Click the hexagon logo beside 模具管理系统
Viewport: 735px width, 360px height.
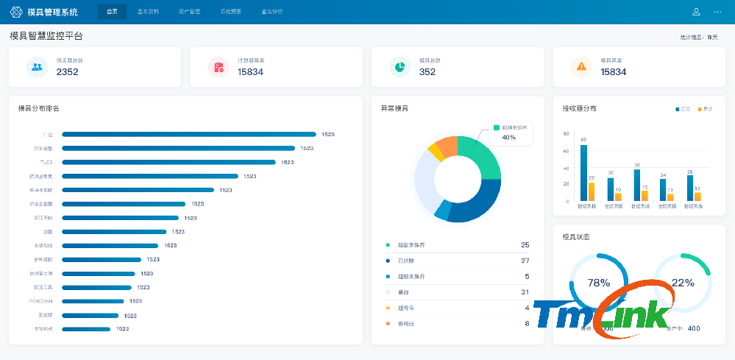[x=16, y=12]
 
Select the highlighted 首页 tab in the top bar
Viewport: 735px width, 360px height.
[x=112, y=12]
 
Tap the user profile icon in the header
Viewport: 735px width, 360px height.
[x=696, y=12]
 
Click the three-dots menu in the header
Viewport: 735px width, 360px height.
[x=717, y=12]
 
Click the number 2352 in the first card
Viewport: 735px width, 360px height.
[x=67, y=72]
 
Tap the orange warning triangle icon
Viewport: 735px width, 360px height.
[x=581, y=66]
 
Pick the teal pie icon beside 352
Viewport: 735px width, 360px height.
[x=400, y=66]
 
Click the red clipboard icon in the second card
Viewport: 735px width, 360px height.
[x=219, y=67]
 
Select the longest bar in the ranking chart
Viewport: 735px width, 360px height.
[x=188, y=134]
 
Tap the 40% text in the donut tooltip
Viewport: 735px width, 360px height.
[x=508, y=137]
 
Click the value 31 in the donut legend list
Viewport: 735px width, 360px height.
[x=525, y=292]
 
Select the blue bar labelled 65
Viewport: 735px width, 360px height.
[x=583, y=172]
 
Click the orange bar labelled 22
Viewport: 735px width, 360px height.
[x=592, y=191]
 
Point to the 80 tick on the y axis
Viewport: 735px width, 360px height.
[x=566, y=134]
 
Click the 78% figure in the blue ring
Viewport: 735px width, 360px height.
[x=599, y=283]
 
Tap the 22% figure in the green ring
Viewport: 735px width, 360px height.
[x=683, y=283]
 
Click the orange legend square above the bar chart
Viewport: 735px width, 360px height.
[x=700, y=109]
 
